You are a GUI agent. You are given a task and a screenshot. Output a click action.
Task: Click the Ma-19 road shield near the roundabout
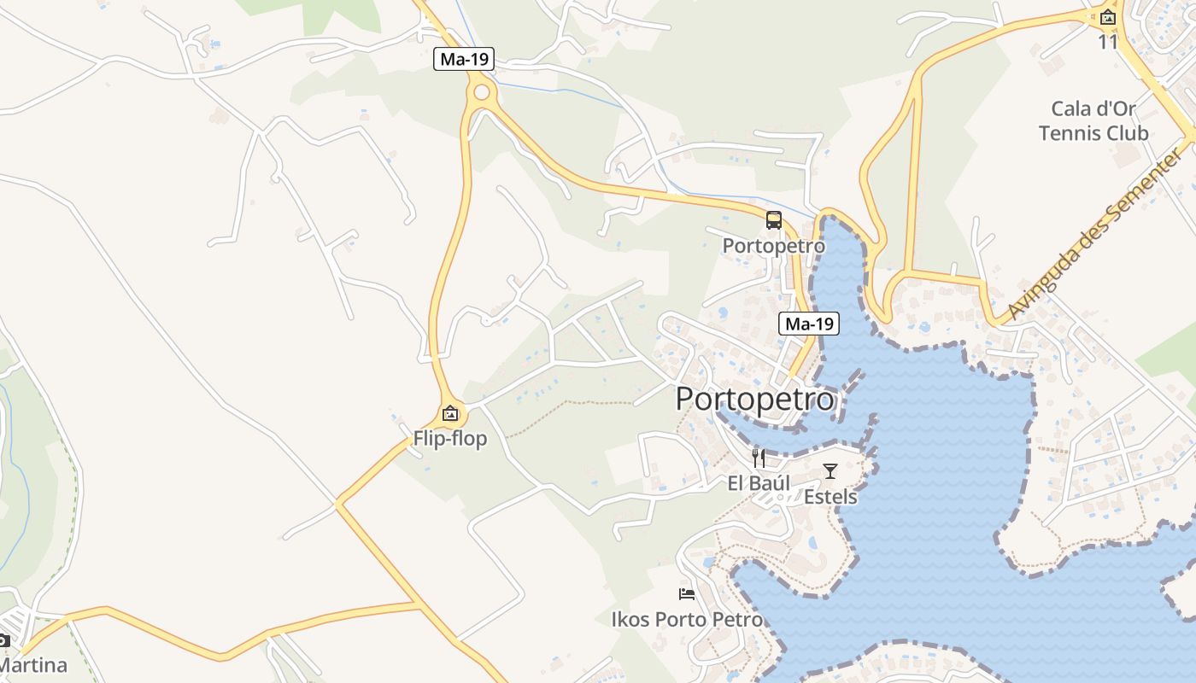464,59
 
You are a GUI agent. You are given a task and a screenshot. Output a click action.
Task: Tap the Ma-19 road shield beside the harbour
808,324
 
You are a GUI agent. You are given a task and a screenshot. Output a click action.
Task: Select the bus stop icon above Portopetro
774,220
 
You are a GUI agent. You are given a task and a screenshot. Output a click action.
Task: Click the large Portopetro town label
755,400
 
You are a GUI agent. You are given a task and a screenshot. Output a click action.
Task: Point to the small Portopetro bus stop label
774,246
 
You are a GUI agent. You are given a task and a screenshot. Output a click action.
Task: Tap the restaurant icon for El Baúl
757,458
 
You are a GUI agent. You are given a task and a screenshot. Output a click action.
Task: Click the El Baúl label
758,483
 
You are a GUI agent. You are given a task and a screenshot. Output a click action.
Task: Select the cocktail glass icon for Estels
830,470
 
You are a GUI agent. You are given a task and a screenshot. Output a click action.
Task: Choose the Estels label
830,496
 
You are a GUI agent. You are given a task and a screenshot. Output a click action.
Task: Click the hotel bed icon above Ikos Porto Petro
687,593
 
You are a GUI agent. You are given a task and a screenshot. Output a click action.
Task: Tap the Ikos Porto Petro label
687,619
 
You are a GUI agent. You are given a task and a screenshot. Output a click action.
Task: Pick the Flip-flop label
450,439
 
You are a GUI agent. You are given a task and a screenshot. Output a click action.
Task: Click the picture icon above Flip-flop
450,414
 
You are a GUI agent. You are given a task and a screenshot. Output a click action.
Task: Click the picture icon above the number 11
1108,16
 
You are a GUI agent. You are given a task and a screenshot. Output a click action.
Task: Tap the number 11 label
1108,41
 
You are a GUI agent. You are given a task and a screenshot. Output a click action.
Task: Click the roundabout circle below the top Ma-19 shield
482,92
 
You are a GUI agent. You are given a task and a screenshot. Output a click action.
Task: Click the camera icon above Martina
3,639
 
